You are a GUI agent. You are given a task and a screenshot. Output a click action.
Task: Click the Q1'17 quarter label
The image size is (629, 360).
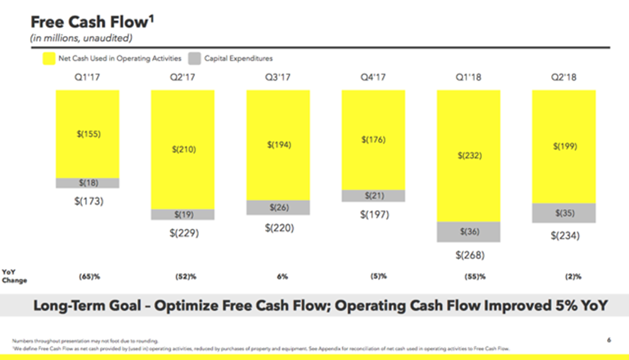87,78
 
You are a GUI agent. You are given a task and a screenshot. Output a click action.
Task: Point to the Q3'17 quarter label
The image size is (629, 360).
277,78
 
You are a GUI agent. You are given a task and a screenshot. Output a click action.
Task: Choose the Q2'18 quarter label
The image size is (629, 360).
563,78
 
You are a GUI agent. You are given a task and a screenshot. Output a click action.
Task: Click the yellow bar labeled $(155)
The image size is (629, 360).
87,134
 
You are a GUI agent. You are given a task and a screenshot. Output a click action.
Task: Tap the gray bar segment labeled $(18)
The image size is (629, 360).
87,183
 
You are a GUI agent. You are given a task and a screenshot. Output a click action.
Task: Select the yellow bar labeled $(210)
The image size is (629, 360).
182,150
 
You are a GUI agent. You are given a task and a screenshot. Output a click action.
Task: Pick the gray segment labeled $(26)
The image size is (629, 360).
278,208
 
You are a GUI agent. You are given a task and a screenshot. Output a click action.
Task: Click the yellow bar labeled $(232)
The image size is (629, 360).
469,155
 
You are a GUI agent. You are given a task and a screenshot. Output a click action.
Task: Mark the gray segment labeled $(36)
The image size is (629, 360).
469,232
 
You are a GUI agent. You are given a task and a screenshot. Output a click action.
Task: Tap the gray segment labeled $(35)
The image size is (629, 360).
564,213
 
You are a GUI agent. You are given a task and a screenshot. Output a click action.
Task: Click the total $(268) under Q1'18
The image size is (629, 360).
469,256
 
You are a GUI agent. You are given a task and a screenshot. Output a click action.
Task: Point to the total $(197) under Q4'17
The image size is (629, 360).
374,215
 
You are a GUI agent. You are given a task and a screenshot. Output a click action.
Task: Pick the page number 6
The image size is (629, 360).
609,340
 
